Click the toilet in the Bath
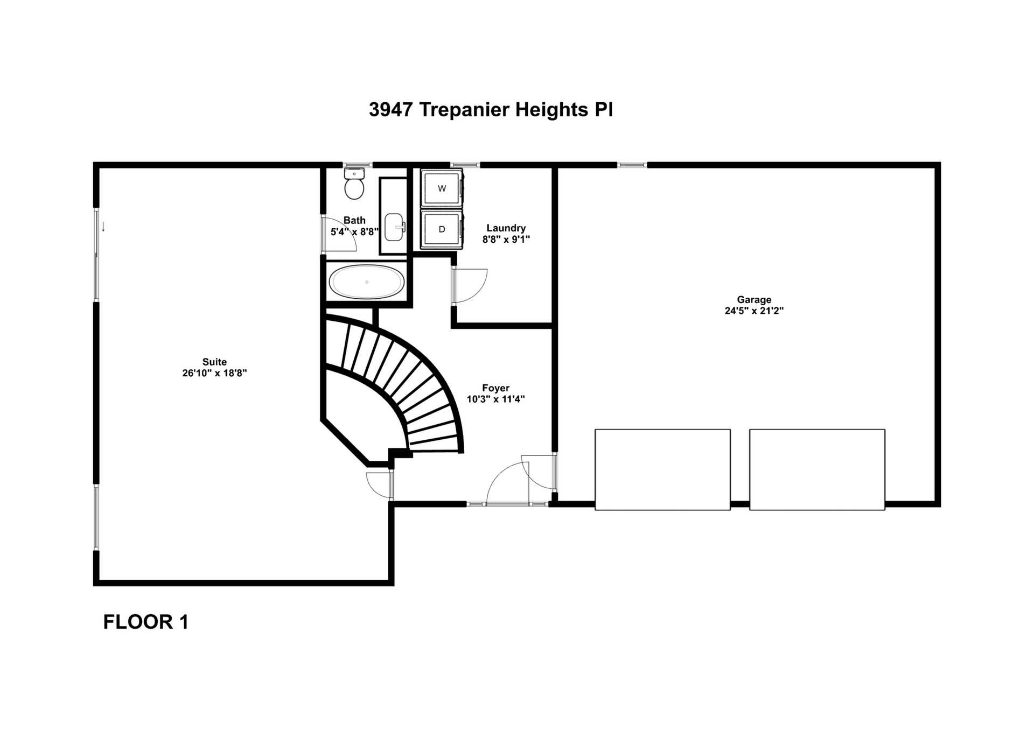(x=354, y=184)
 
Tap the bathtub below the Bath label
(x=367, y=282)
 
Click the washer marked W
(x=442, y=188)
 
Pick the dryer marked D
(x=442, y=229)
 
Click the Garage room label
(x=754, y=300)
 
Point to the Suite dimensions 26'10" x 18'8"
(x=214, y=373)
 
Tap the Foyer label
(x=495, y=388)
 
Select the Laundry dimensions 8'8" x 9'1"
(x=506, y=240)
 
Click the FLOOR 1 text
(x=145, y=622)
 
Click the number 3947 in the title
(x=390, y=110)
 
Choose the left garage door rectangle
(x=662, y=469)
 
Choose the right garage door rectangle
(x=817, y=469)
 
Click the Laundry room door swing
(x=471, y=285)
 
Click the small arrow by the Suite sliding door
(x=103, y=227)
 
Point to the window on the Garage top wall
(x=632, y=165)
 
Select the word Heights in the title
(x=551, y=110)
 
